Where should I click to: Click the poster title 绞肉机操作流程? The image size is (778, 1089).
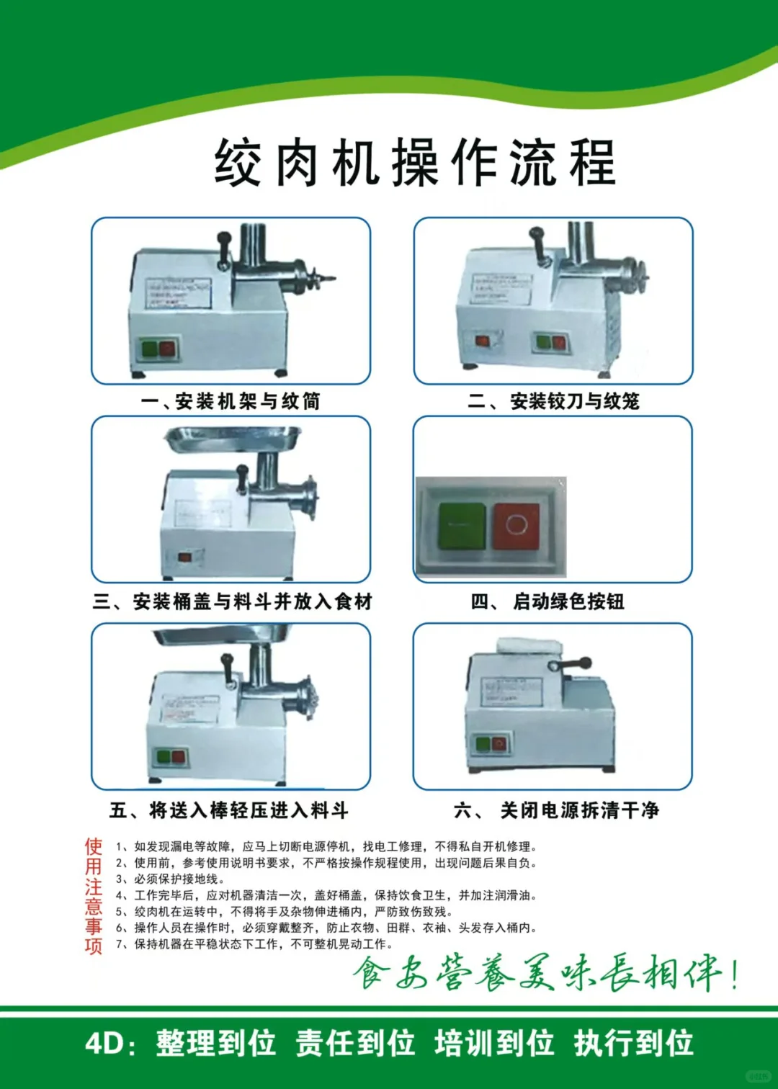tap(415, 163)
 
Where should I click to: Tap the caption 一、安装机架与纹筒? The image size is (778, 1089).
tap(231, 401)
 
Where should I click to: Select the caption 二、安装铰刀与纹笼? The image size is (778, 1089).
tap(553, 401)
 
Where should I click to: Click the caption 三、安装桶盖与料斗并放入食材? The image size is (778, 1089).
tap(232, 601)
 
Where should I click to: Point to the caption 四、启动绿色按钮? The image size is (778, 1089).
tap(547, 601)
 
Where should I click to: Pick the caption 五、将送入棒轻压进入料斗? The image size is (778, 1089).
tap(229, 810)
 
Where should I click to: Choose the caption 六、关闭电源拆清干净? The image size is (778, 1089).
tap(556, 810)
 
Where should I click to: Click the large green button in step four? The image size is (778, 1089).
tap(462, 526)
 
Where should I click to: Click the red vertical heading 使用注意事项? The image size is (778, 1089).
tap(94, 895)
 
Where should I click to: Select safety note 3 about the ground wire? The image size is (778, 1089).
tap(171, 879)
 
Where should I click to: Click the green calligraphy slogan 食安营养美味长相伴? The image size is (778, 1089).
tap(545, 974)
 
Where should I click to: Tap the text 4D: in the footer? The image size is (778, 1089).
tap(110, 1043)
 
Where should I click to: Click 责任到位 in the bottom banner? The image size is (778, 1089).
tap(355, 1043)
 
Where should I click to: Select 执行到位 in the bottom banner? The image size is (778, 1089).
tap(634, 1043)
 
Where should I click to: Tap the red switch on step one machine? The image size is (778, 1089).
tap(167, 349)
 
